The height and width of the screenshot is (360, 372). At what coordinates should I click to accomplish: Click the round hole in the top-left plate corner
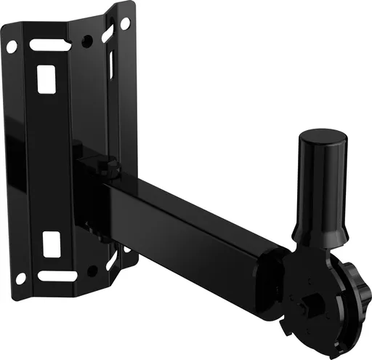click(12, 47)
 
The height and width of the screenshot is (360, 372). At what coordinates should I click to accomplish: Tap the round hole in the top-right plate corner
click(124, 24)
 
